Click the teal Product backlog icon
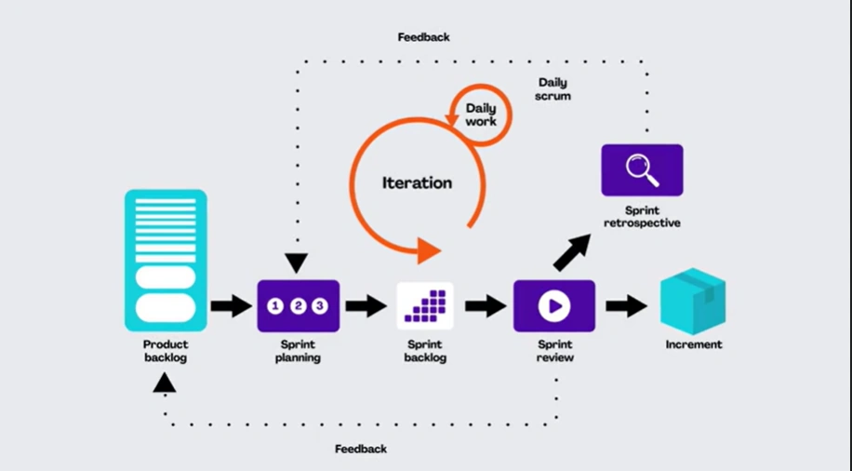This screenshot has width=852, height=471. [166, 261]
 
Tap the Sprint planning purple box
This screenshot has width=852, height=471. [299, 306]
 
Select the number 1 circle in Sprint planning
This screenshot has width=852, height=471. [275, 306]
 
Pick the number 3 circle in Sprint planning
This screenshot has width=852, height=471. [320, 306]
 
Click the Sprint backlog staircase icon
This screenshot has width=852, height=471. [425, 306]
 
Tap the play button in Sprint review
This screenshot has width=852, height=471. [554, 306]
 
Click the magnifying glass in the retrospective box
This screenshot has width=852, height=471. [643, 170]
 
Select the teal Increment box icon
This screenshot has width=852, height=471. [693, 302]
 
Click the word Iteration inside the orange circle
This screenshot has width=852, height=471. [417, 182]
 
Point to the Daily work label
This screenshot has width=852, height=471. [481, 114]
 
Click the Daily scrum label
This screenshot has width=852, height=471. [552, 89]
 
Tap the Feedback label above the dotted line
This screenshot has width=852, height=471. [424, 37]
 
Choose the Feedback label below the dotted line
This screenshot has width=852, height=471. [361, 449]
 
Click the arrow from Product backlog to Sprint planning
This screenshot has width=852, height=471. [232, 306]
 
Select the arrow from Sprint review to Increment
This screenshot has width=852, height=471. [627, 306]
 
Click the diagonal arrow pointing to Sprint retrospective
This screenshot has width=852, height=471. [572, 252]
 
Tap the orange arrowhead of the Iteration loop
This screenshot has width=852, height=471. [429, 251]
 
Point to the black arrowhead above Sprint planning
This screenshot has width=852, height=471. [296, 263]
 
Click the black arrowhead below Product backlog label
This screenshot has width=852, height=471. [164, 383]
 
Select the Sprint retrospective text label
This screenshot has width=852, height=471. [643, 217]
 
